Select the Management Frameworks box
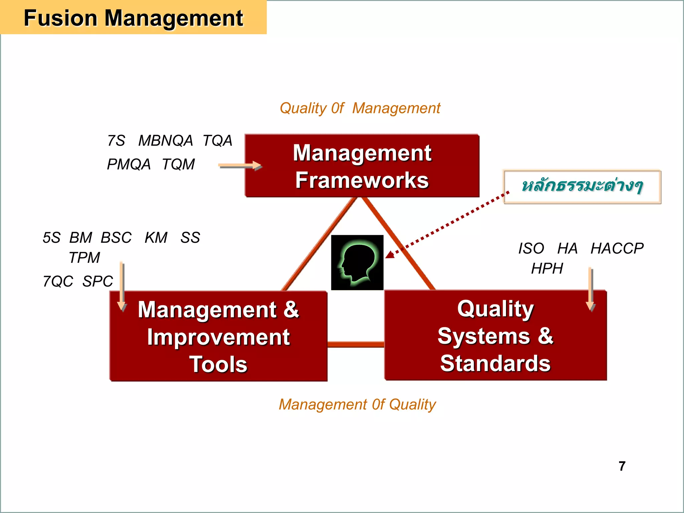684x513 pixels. [x=362, y=166]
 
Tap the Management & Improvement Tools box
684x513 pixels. [x=218, y=336]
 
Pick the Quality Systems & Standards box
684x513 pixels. [x=495, y=335]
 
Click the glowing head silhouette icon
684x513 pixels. [x=357, y=263]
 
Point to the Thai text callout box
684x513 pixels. [x=582, y=186]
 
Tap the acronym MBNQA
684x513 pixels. [x=166, y=141]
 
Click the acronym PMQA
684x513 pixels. [x=129, y=164]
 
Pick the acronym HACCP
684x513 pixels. [x=617, y=248]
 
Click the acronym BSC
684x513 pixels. [x=116, y=238]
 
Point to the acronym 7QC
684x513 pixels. [x=58, y=281]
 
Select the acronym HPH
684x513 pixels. [x=547, y=269]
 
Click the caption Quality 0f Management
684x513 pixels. [x=360, y=108]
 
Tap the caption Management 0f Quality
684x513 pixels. [x=357, y=404]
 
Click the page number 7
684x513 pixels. [x=622, y=466]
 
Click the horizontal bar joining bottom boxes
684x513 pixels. [x=356, y=344]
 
